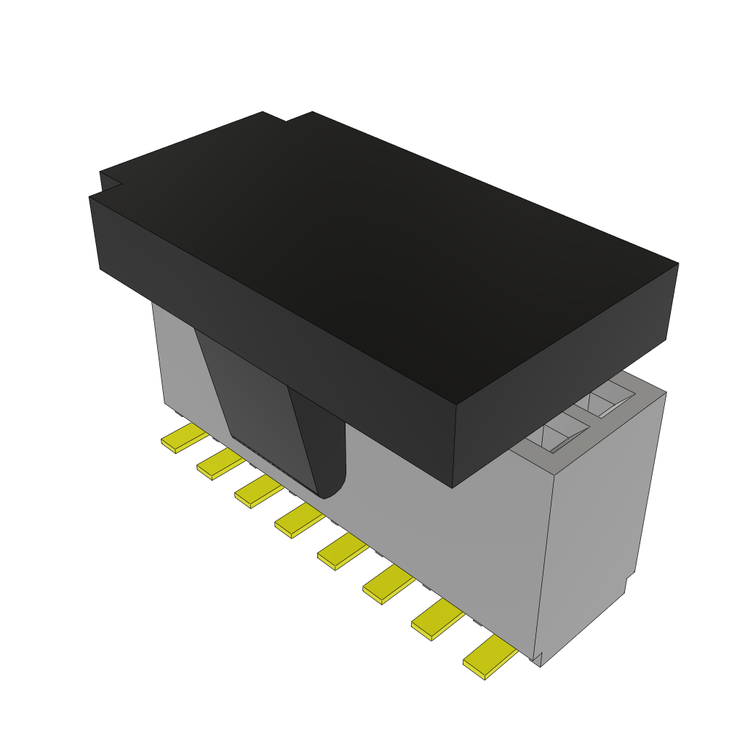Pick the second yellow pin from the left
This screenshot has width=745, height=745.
pyautogui.click(x=219, y=464)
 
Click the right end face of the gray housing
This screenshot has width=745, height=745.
pyautogui.click(x=597, y=524)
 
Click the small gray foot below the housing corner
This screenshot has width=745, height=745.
pyautogui.click(x=538, y=659)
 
